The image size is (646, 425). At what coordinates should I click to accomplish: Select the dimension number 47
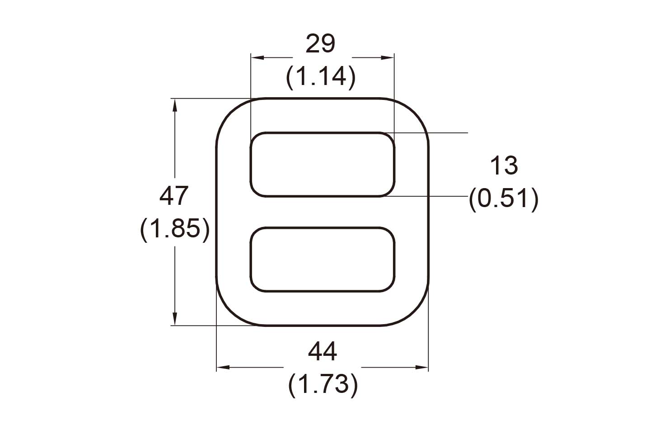(174, 196)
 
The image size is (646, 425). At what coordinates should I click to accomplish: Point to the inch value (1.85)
(175, 229)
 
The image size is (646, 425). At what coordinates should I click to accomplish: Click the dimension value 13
(503, 165)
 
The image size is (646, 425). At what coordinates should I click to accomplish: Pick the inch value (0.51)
(504, 198)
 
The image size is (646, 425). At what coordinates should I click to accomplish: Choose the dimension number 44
(322, 351)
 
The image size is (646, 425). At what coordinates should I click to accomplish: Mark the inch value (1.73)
(323, 385)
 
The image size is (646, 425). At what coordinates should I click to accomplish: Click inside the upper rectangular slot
(323, 165)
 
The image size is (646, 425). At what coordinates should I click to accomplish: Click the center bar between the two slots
(323, 212)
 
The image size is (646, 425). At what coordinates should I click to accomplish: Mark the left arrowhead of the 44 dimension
(222, 368)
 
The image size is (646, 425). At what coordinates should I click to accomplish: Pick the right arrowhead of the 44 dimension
(422, 368)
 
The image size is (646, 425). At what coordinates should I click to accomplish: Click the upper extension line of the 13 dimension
(434, 133)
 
